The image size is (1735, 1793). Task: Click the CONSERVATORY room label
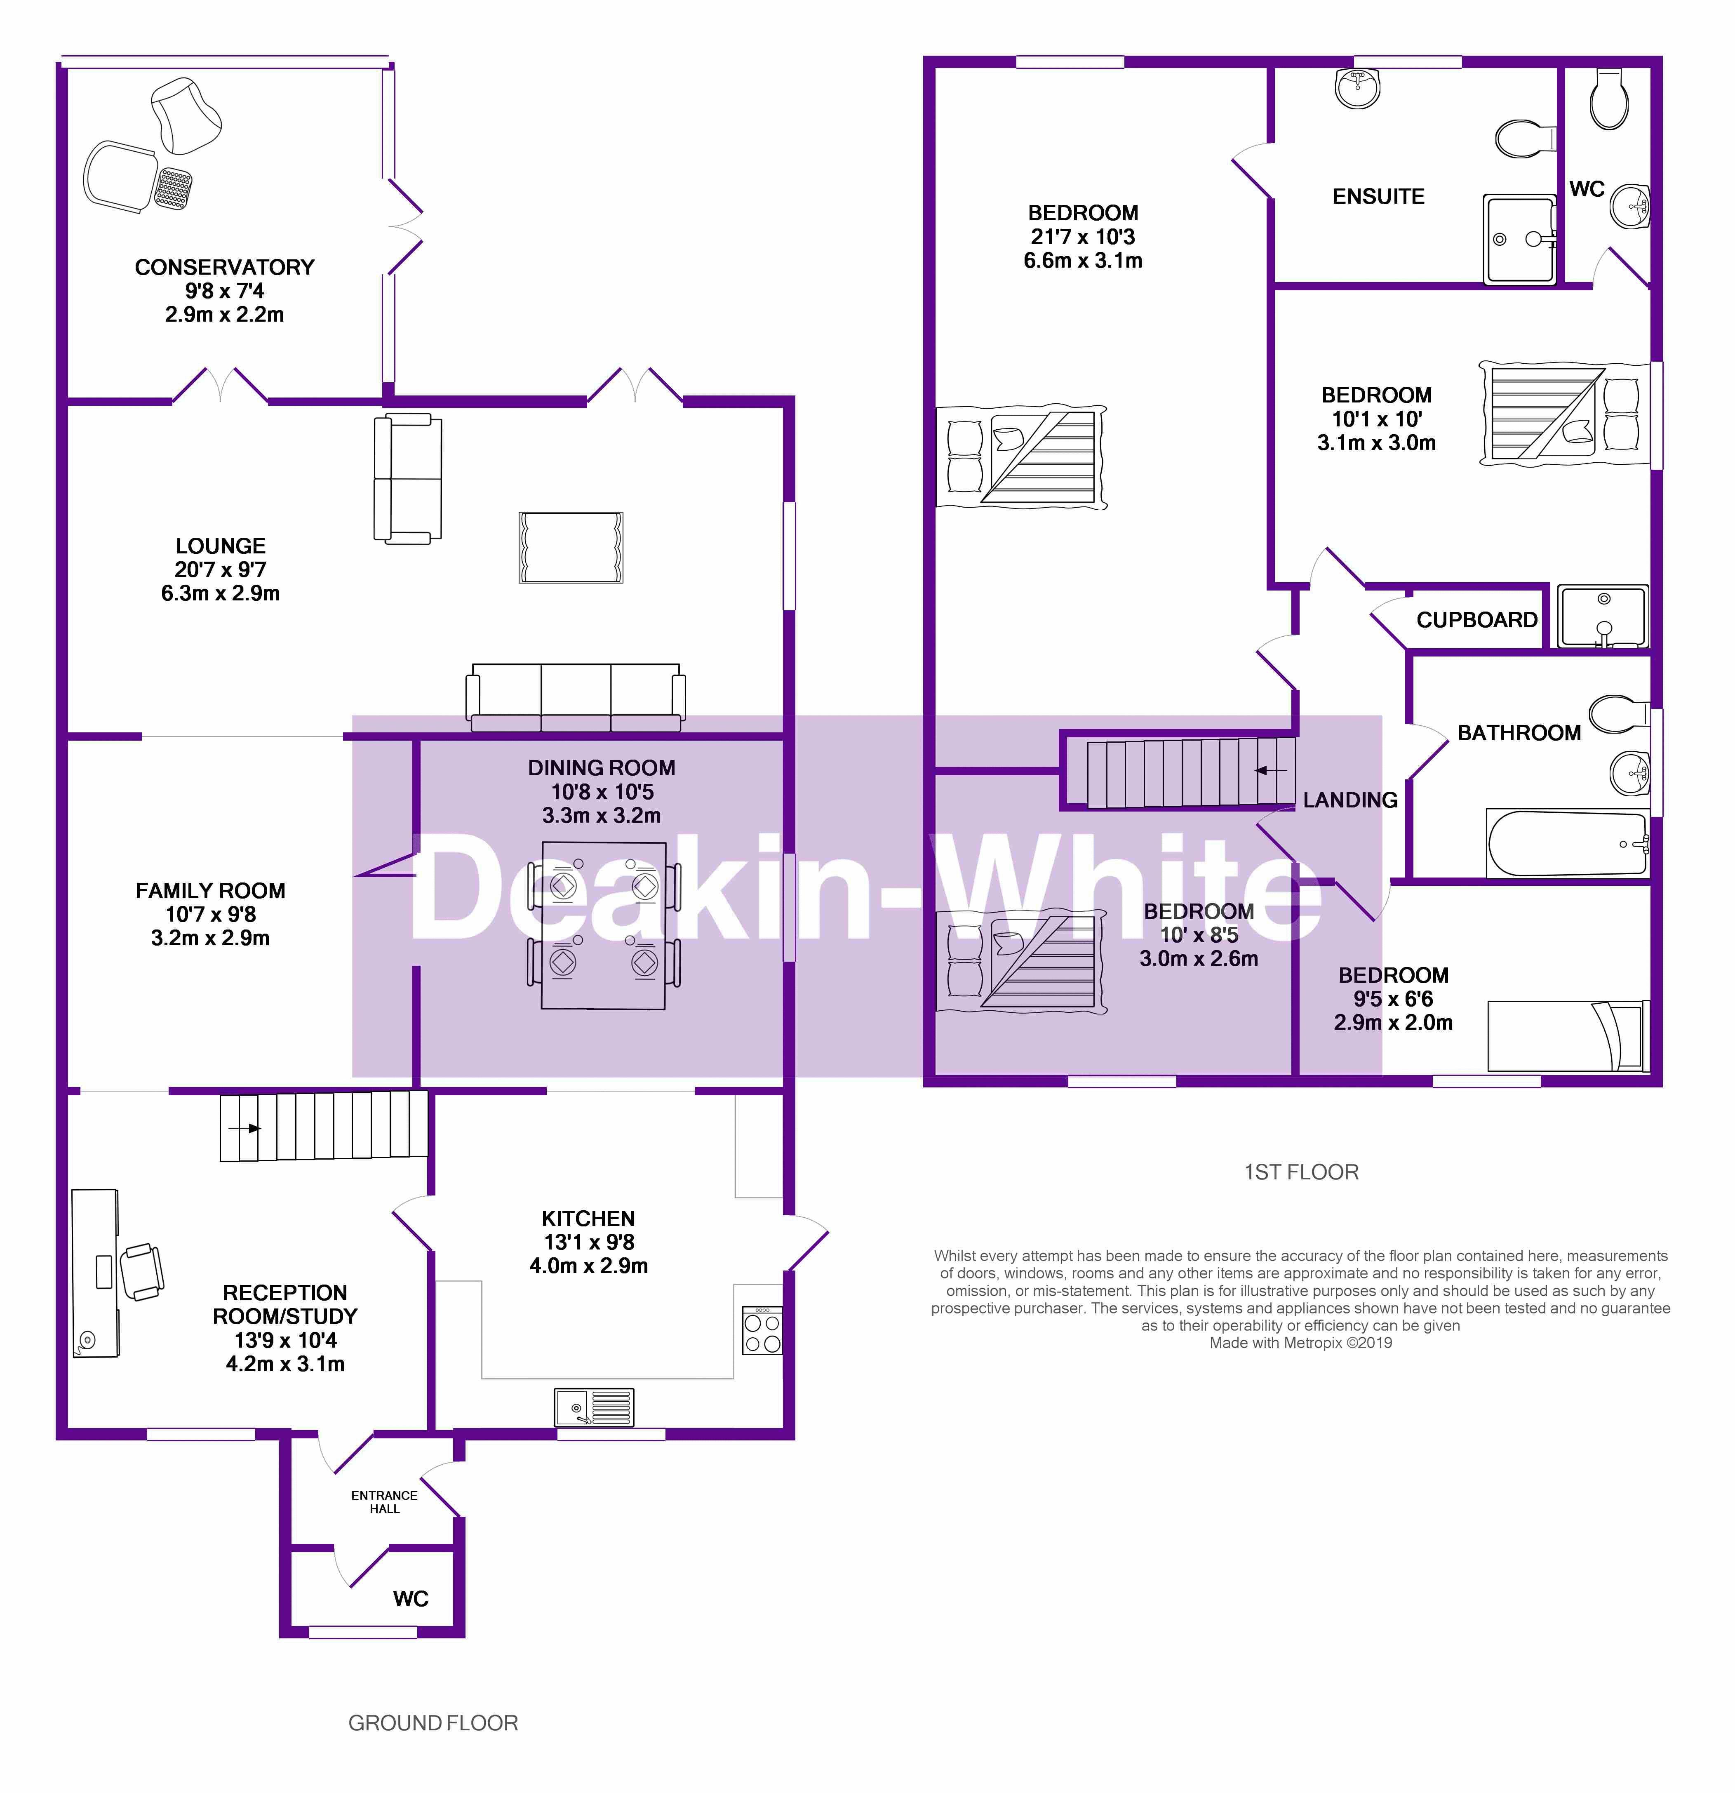point(224,267)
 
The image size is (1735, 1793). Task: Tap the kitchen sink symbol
point(594,1407)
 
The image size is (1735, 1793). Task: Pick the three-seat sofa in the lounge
point(575,697)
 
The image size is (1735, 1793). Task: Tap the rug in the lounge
point(571,547)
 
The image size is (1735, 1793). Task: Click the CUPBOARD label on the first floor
point(1476,620)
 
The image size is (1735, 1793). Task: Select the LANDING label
point(1350,800)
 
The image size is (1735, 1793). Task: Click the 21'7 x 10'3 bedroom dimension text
point(1083,237)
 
